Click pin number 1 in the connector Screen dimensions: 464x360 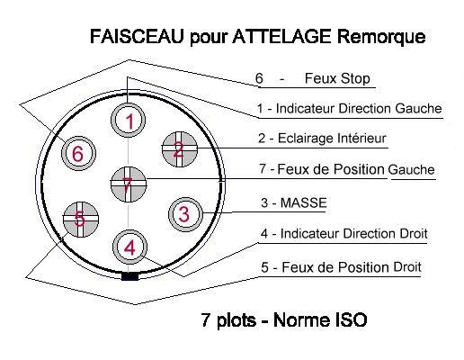tap(129, 121)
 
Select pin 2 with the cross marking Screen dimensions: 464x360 tap(179, 149)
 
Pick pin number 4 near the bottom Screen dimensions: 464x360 tap(129, 247)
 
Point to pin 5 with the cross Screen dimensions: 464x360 tap(81, 219)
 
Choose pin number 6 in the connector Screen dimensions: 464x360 tap(78, 153)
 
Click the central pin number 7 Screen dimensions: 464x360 tap(129, 184)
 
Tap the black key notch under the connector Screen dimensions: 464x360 tap(129, 276)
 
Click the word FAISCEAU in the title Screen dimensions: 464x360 tap(137, 36)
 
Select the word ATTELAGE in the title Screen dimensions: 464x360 tap(281, 36)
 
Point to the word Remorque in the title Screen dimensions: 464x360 tap(381, 37)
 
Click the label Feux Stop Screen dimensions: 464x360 tap(337, 78)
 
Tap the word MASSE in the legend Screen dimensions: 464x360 tap(303, 203)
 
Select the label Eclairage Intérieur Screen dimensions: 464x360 tap(332, 139)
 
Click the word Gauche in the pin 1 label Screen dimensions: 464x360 tap(418, 109)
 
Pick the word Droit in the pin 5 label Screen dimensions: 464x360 tap(406, 267)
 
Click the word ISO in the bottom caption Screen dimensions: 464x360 tap(349, 319)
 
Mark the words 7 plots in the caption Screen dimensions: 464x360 tap(228, 320)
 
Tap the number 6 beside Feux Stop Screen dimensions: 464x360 tap(259, 78)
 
